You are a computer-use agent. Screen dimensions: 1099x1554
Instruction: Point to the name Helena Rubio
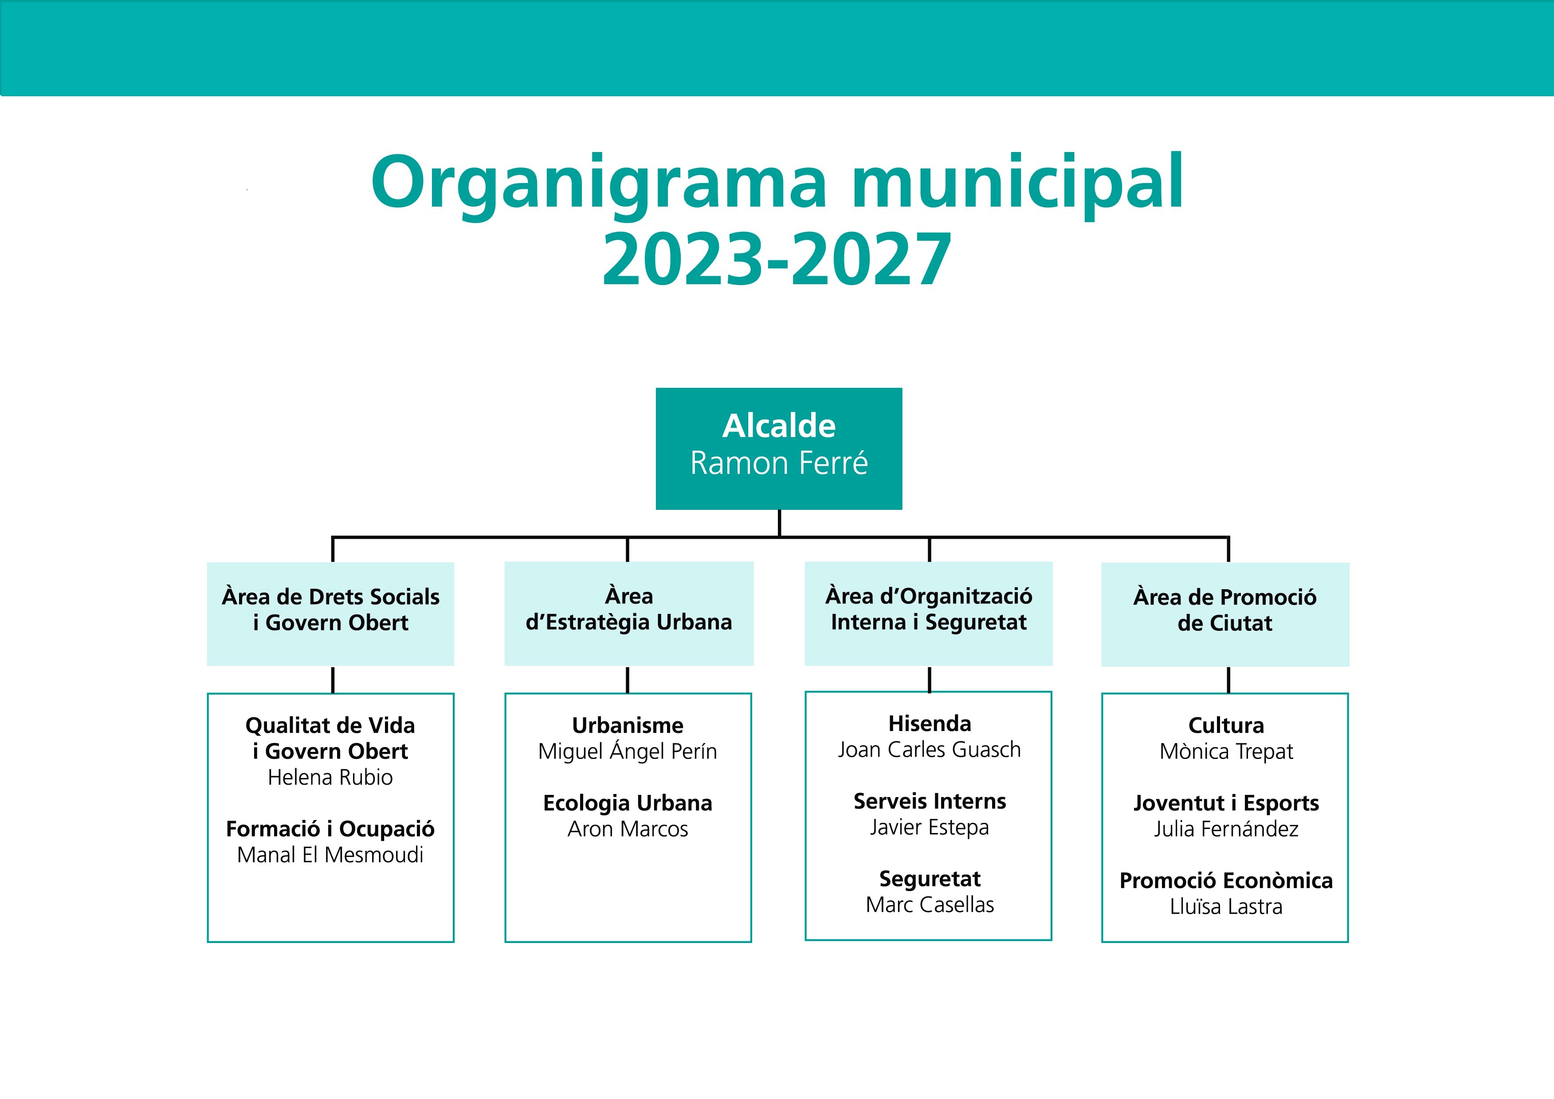[330, 778]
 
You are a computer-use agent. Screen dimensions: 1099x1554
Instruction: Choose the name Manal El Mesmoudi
[330, 855]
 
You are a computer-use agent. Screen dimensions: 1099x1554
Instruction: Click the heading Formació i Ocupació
[330, 829]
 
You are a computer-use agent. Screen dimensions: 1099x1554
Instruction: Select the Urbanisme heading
[628, 725]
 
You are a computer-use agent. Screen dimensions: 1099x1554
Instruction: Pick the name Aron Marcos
[628, 829]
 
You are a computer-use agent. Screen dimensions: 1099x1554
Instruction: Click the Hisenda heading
[929, 724]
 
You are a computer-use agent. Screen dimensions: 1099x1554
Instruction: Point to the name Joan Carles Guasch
[929, 750]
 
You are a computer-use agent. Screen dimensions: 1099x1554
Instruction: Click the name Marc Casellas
[929, 905]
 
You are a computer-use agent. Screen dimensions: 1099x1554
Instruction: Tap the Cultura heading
[1226, 725]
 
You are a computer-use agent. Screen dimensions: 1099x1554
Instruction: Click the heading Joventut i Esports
[1226, 803]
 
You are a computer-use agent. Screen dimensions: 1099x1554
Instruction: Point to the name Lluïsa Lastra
[1226, 907]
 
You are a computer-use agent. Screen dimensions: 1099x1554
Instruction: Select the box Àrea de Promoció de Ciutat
[1225, 614]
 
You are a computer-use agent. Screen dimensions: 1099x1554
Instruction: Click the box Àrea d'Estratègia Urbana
[629, 613]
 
